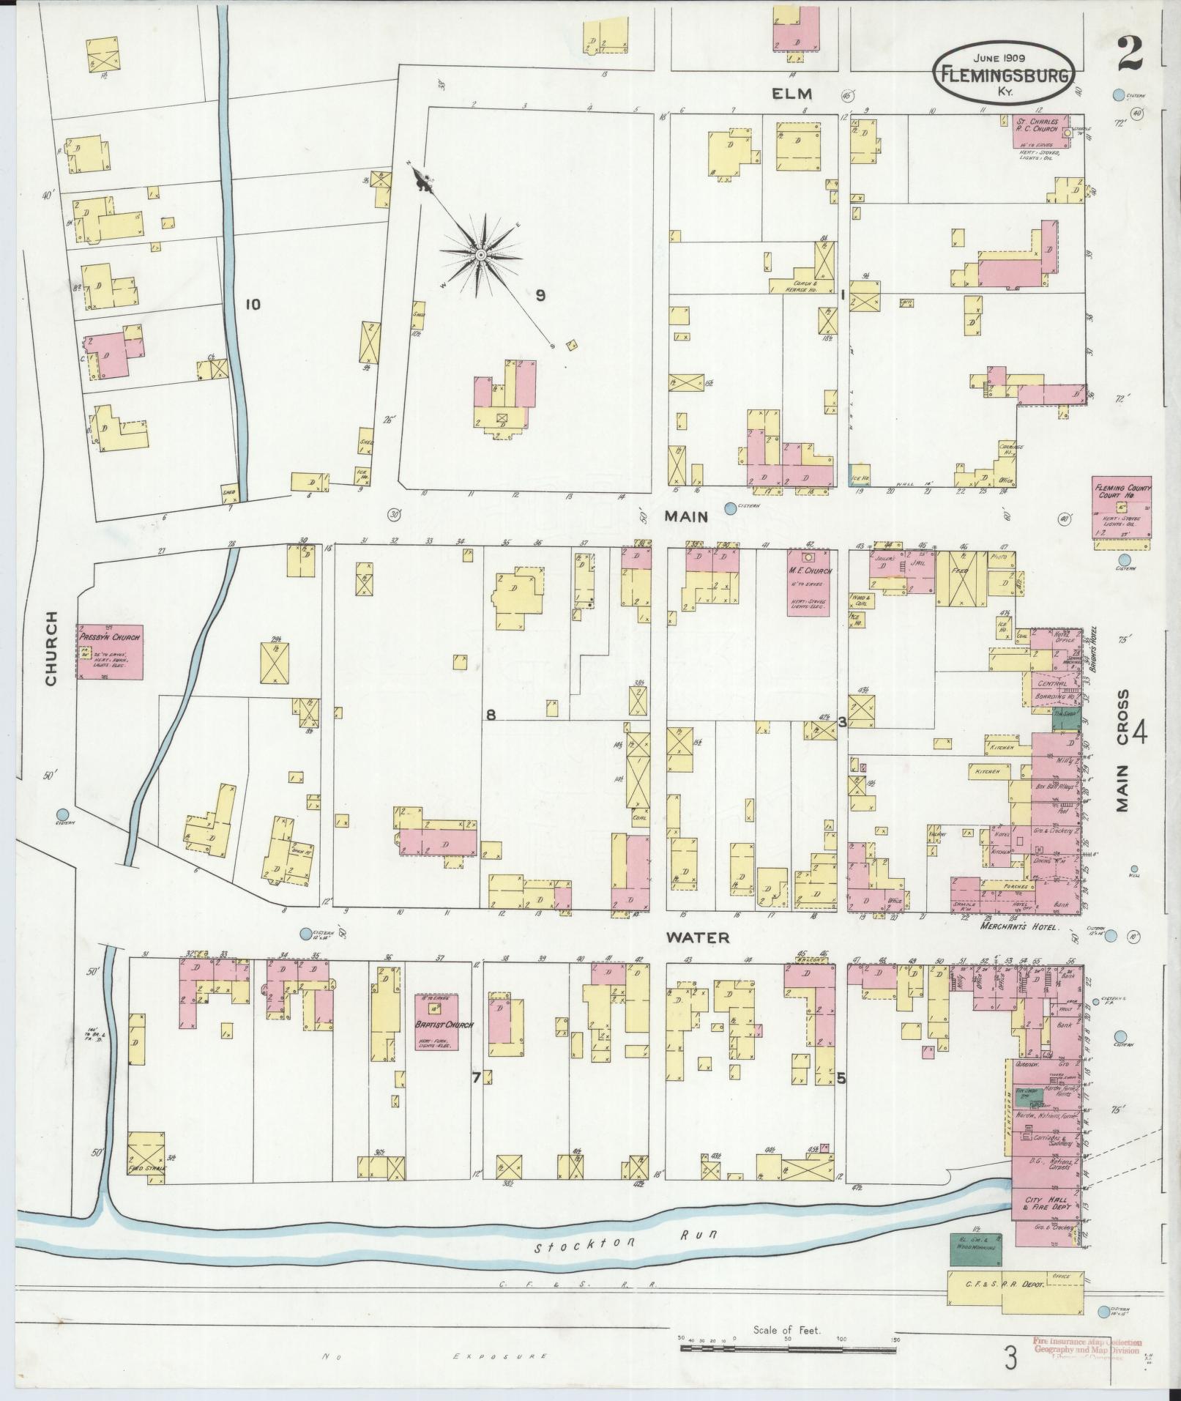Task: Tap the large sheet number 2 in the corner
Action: tap(1130, 55)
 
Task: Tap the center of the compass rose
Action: tap(481, 254)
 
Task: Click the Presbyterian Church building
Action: tap(110, 653)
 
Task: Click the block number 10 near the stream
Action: tap(253, 304)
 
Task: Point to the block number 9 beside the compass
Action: tap(540, 296)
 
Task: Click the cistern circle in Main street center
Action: tap(729, 508)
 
